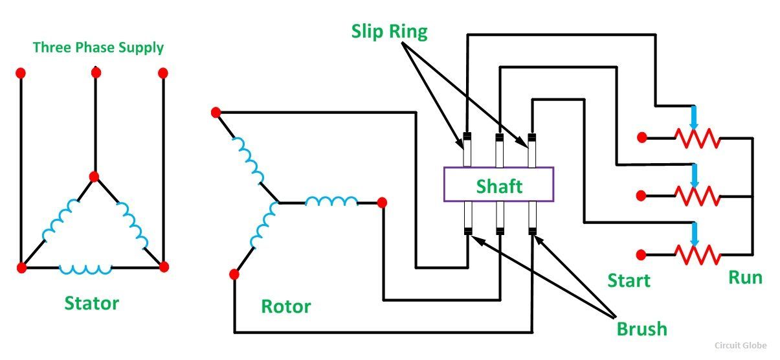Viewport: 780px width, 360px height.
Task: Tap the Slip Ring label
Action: click(389, 32)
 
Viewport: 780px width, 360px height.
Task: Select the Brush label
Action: click(641, 329)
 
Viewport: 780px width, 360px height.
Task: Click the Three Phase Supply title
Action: click(98, 48)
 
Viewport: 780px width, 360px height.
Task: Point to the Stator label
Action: click(91, 303)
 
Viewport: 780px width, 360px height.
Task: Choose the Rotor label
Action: click(286, 307)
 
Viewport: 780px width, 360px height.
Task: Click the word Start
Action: click(629, 280)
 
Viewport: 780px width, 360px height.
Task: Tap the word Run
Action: click(746, 278)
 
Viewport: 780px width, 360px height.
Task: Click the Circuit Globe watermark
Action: click(741, 345)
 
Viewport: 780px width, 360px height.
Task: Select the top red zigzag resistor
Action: click(698, 138)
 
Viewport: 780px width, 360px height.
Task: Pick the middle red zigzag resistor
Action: click(698, 196)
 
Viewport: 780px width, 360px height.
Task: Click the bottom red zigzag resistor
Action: click(698, 255)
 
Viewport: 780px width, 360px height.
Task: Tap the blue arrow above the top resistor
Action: click(694, 118)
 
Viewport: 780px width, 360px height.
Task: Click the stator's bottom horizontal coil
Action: click(85, 269)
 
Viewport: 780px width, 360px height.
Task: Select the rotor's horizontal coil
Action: click(331, 201)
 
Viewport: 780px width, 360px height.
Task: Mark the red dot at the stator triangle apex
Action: click(94, 177)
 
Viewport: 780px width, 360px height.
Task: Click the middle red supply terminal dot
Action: click(96, 73)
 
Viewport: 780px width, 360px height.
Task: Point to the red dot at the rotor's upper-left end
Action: click(216, 113)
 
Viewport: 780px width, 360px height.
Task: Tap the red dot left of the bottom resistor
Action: click(641, 255)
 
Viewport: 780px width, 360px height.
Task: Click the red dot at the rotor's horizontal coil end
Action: click(382, 202)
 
